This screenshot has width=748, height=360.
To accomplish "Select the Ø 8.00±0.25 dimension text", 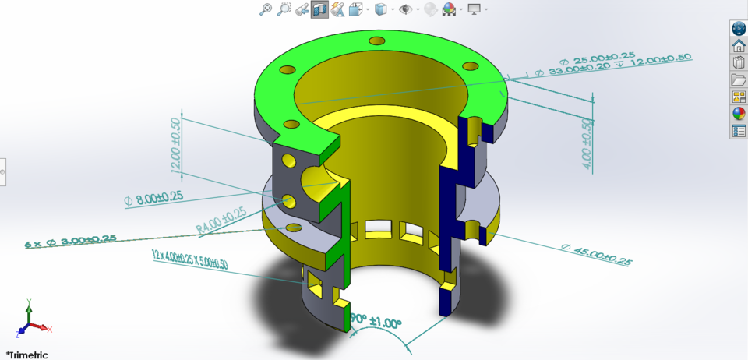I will [153, 199].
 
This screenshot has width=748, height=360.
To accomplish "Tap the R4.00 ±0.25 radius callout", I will [221, 221].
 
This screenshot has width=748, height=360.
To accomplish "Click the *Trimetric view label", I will [26, 355].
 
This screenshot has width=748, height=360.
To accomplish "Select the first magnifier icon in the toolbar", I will [266, 9].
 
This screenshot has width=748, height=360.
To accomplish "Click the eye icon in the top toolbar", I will [405, 9].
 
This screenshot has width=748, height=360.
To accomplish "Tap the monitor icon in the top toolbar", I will [473, 9].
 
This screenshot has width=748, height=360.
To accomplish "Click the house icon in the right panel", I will [739, 45].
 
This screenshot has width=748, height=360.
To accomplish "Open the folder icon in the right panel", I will [739, 79].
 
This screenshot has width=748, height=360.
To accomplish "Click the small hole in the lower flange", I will [294, 227].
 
